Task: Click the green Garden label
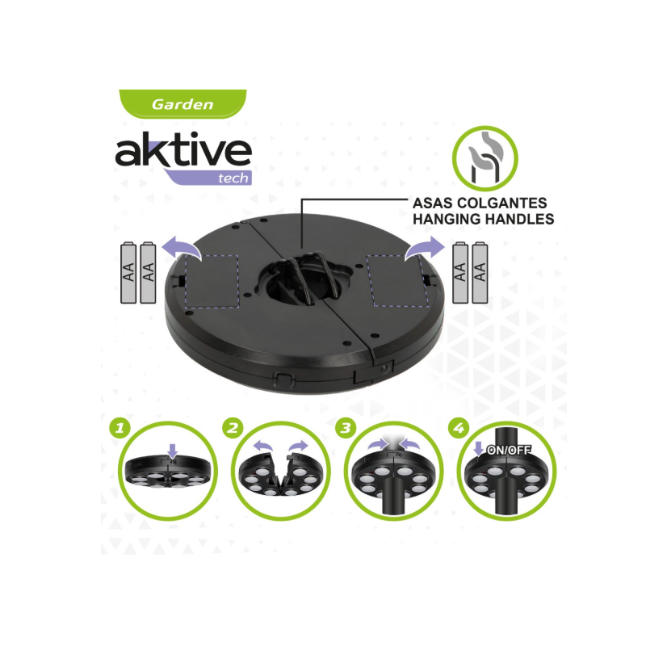tap(182, 104)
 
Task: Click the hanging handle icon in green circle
tap(485, 158)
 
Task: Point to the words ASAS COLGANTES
tap(480, 203)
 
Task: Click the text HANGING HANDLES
tap(483, 219)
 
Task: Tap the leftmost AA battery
tap(128, 273)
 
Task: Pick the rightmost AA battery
tap(480, 273)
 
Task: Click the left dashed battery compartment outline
tap(212, 281)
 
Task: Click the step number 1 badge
tap(120, 429)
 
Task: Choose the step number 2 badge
tap(233, 429)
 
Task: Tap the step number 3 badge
tap(346, 429)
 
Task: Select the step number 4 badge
tap(459, 429)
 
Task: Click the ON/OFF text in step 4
tap(509, 451)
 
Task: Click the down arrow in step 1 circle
tap(173, 451)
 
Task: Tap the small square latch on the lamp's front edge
tap(283, 379)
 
